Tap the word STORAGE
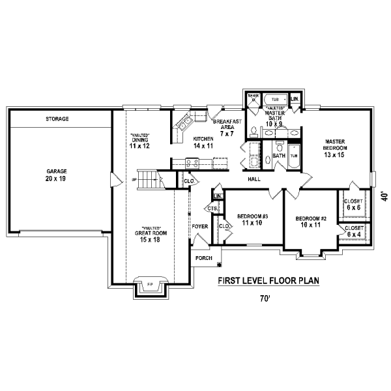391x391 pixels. point(57,119)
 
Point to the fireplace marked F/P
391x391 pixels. point(149,285)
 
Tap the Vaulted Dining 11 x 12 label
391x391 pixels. point(139,140)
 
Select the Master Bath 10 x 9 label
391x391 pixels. point(274,116)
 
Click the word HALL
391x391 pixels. point(254,178)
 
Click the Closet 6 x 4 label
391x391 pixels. point(355,231)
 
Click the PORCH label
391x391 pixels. point(203,258)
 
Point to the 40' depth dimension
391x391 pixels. point(384,195)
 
